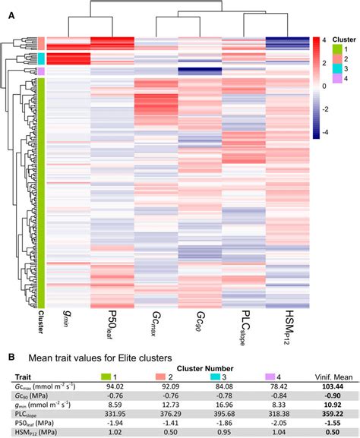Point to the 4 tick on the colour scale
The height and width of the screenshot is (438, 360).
click(324, 39)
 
